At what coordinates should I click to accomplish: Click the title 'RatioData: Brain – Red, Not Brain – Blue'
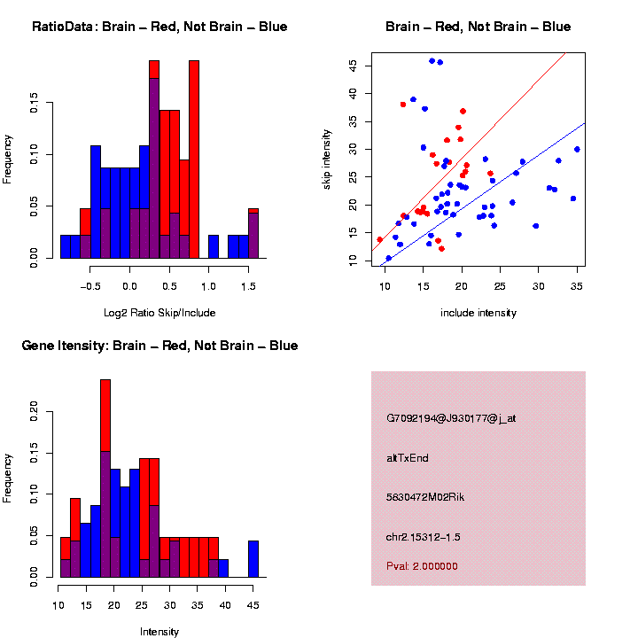click(x=159, y=27)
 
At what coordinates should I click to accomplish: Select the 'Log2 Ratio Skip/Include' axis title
click(x=159, y=313)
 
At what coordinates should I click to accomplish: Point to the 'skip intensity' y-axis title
click(x=338, y=157)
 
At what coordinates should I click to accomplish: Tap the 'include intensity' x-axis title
click(x=478, y=313)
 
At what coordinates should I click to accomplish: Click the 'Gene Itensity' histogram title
click(x=159, y=346)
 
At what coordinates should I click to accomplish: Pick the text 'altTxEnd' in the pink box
click(x=408, y=458)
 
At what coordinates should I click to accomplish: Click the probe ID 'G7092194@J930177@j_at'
click(x=451, y=418)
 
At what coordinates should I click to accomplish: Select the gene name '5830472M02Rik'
click(x=425, y=497)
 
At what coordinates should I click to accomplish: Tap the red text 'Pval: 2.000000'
click(x=422, y=565)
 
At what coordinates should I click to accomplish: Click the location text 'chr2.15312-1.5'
click(x=424, y=537)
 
